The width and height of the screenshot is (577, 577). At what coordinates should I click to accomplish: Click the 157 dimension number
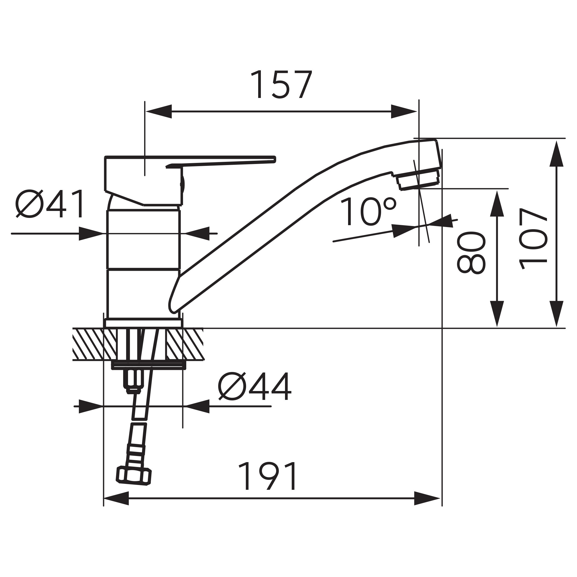point(282,84)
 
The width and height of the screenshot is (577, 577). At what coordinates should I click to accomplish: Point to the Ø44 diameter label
point(255,386)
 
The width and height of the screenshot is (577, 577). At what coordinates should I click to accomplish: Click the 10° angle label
point(368,212)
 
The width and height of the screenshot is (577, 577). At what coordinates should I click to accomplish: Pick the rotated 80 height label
point(471,252)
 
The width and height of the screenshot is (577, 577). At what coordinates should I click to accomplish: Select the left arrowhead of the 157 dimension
point(159,111)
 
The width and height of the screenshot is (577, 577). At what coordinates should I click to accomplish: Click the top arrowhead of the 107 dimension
point(556,154)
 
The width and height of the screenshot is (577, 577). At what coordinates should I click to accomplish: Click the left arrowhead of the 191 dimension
point(116,498)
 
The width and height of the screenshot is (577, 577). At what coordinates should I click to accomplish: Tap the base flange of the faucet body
point(143,323)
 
